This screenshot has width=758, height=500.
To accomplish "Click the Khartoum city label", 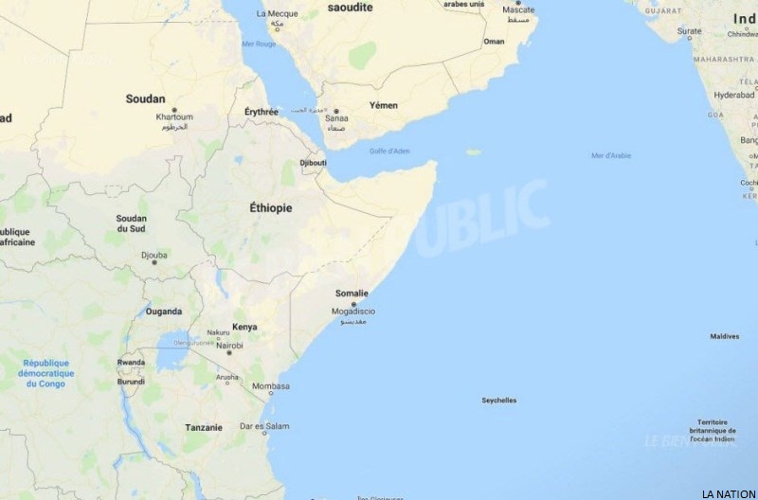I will coord(174,116).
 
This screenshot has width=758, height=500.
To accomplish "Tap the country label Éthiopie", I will coord(270,207).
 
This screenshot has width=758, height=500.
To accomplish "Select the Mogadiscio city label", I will coord(353,312).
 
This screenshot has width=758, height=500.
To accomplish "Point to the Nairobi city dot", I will coord(228,353).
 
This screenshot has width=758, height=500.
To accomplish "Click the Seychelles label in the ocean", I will coord(499,401).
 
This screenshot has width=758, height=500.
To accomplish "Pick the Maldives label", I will coord(725,336).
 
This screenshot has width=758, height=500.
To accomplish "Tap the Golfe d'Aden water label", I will coord(390,152).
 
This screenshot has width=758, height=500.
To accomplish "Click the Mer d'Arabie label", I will coord(611,155).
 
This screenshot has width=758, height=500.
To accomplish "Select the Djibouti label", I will coord(313,163).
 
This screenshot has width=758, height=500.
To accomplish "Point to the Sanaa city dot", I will coord(334,111).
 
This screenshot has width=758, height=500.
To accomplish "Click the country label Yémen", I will coord(384,105).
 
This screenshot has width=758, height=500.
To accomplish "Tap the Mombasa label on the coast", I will coord(271,386).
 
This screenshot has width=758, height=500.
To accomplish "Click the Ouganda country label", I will coord(164,311).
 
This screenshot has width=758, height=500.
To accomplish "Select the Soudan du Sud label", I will coord(132,223).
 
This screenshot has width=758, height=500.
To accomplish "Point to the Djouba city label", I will coord(153,254).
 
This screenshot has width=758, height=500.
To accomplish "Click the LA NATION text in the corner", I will coord(728,493).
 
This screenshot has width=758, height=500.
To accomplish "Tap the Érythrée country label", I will coord(262,112).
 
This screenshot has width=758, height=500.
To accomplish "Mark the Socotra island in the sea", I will coord(473,152).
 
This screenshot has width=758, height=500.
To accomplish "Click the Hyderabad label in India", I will coord(734,95).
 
